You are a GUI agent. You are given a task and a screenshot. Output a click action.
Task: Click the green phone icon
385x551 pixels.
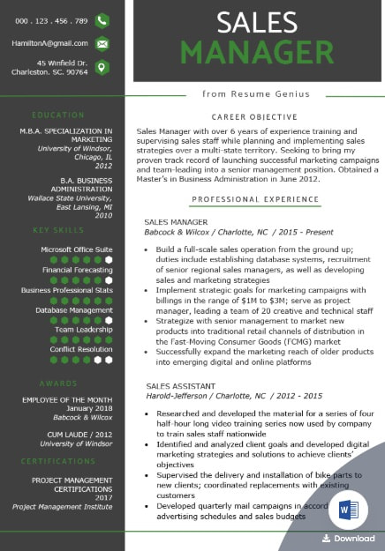click(x=102, y=20)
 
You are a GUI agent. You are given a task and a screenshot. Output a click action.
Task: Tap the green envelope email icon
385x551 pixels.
click(x=102, y=43)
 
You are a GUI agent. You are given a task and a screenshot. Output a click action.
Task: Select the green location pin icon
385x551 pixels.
click(x=102, y=67)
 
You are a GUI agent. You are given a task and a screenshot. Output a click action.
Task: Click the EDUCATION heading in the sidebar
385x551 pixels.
click(x=58, y=115)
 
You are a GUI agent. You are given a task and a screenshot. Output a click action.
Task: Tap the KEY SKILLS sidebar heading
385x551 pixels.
click(x=58, y=230)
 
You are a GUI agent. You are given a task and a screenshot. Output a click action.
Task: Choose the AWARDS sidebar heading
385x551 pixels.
click(x=58, y=359)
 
